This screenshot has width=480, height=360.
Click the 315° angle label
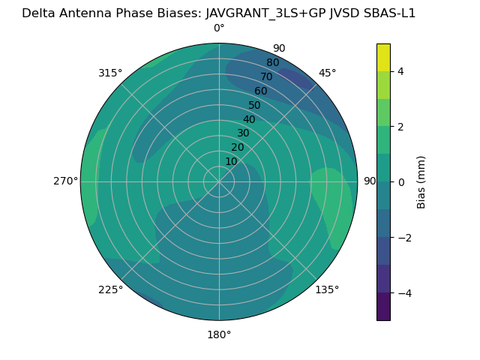click(x=109, y=73)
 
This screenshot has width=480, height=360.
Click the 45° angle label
click(x=327, y=73)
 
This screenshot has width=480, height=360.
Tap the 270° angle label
click(x=66, y=181)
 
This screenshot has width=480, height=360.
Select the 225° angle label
click(x=110, y=289)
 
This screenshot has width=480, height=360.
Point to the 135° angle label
click(x=327, y=289)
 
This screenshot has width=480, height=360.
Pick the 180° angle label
click(x=219, y=334)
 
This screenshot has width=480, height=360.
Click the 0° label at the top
click(x=219, y=28)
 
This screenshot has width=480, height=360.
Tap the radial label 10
click(x=232, y=161)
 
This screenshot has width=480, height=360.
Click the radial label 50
click(x=254, y=106)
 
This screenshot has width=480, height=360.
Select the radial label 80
click(x=272, y=63)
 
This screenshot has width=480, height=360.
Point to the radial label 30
click(x=243, y=133)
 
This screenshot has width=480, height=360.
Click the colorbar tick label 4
click(x=400, y=71)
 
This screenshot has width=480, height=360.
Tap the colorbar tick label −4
click(x=403, y=293)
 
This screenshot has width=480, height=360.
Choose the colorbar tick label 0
click(x=400, y=182)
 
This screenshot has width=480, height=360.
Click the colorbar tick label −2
click(x=403, y=238)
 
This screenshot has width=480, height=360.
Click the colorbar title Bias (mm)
click(x=421, y=181)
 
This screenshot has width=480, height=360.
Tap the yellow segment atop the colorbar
click(x=383, y=58)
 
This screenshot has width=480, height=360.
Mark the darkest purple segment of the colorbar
click(x=383, y=307)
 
